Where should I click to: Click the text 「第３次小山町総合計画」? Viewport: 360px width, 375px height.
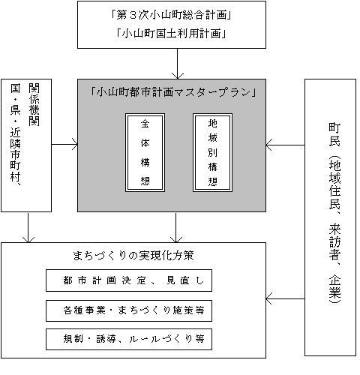click(171, 16)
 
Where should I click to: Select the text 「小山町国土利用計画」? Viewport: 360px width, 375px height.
click(171, 33)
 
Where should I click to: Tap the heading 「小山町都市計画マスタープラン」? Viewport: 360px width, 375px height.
click(173, 92)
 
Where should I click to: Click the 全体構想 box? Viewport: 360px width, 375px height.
click(145, 152)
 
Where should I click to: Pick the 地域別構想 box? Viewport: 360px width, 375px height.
click(212, 152)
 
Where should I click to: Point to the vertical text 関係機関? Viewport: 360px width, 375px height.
click(34, 104)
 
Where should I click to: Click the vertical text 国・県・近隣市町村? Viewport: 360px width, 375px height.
click(16, 134)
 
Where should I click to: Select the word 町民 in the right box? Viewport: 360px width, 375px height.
click(334, 134)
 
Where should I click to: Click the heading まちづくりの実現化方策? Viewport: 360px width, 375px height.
click(133, 256)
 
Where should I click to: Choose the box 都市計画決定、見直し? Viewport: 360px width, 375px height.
click(129, 280)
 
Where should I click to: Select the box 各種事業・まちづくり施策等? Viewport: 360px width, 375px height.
click(129, 310)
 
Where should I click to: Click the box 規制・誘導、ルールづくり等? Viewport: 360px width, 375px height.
click(129, 339)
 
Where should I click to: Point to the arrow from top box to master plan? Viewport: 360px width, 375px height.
click(178, 64)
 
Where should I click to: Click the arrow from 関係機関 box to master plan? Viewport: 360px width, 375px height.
click(64, 145)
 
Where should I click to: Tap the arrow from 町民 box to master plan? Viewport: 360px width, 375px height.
click(285, 145)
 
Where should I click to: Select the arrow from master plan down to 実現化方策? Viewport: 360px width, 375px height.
click(176, 227)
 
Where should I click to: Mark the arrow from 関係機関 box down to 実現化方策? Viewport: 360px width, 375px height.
click(28, 227)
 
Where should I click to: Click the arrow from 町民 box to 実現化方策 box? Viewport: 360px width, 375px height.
click(285, 298)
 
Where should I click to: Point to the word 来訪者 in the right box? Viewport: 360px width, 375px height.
click(334, 241)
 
